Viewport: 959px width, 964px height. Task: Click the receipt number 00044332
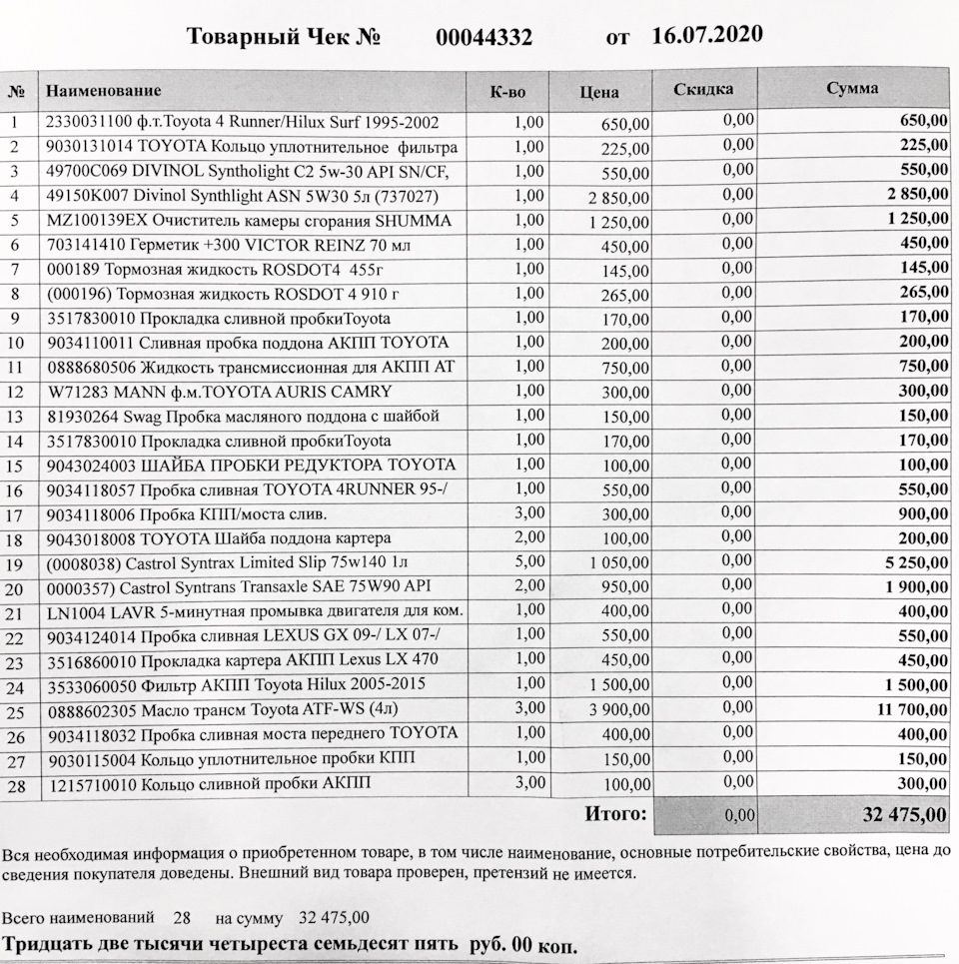(483, 38)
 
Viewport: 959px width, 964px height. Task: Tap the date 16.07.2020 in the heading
(706, 35)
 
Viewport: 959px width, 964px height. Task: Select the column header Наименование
(103, 91)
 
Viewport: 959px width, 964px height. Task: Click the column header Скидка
(703, 89)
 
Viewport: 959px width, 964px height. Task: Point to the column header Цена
(598, 92)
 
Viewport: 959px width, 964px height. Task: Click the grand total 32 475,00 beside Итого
(904, 815)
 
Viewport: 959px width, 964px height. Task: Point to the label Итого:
(615, 814)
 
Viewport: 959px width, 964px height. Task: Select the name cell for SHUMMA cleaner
(249, 220)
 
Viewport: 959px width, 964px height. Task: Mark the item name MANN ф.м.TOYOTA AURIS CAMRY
(219, 392)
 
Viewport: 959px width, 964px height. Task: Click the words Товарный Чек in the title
(270, 38)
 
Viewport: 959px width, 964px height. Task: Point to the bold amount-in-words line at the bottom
(291, 944)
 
